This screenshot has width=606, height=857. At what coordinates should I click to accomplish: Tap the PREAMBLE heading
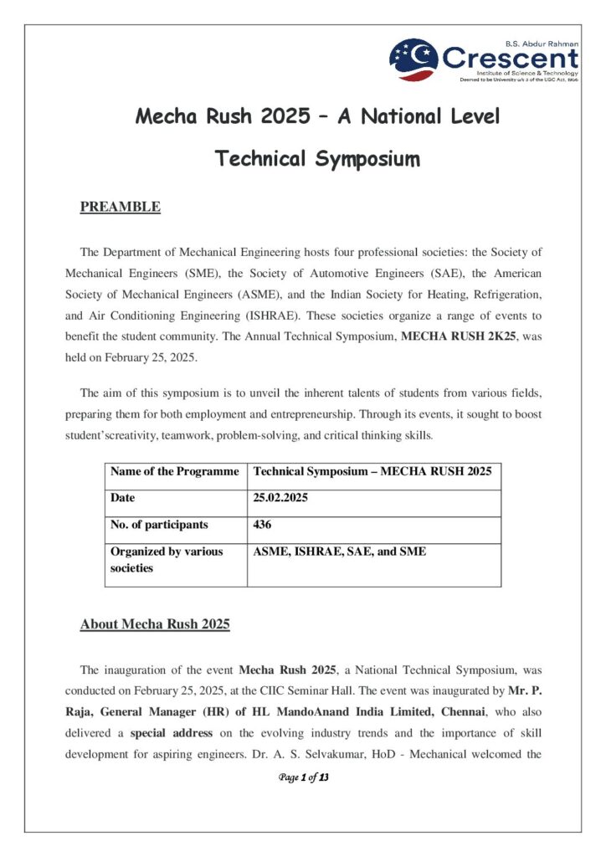click(x=120, y=207)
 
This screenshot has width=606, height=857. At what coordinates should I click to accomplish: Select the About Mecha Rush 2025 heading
click(x=155, y=624)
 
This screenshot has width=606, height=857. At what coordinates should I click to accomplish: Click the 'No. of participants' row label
click(x=159, y=526)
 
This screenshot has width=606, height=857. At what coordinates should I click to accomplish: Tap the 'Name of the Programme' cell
click(x=174, y=472)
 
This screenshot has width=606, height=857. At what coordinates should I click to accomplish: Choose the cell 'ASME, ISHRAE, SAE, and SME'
click(x=340, y=552)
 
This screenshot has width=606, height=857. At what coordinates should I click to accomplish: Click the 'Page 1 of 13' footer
click(x=303, y=778)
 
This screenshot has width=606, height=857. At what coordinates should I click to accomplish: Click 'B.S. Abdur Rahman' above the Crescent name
click(x=541, y=42)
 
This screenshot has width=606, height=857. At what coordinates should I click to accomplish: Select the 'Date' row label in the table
click(x=123, y=498)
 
